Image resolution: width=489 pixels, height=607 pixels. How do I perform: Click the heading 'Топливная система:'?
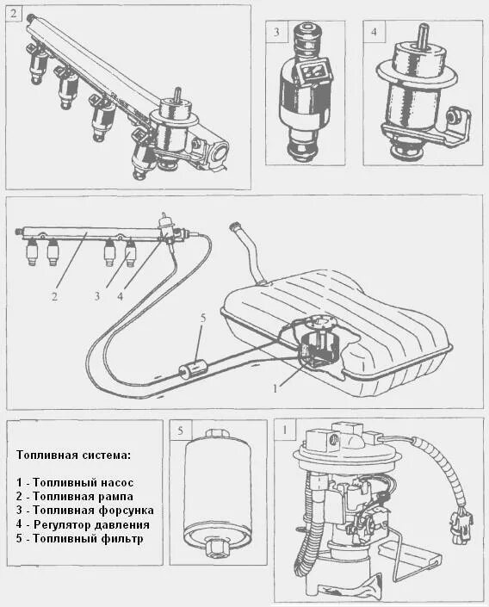(x=73, y=455)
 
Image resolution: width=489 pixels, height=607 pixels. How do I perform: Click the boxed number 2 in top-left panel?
(x=14, y=14)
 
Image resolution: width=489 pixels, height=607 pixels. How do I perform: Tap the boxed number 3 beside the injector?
(x=276, y=31)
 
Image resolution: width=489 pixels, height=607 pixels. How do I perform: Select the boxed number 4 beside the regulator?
(x=374, y=31)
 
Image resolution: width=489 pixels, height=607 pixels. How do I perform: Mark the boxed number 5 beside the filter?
(x=181, y=430)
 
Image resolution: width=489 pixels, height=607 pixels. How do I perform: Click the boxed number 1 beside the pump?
(x=285, y=430)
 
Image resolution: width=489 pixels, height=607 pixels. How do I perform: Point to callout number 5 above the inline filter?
(x=203, y=319)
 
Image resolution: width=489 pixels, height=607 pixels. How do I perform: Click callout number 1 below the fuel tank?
(x=275, y=388)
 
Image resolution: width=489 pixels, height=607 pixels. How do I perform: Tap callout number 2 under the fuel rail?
(x=54, y=296)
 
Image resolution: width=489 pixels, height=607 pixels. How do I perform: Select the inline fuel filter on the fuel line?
(x=193, y=369)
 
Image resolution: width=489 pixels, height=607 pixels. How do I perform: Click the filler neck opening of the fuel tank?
(x=235, y=225)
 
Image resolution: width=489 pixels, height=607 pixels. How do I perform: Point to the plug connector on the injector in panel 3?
(x=313, y=72)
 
